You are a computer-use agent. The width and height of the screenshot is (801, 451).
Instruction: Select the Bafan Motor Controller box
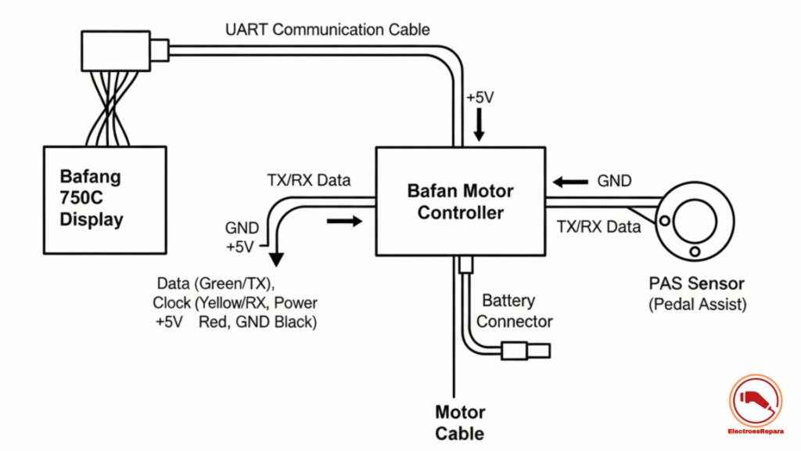click(x=460, y=201)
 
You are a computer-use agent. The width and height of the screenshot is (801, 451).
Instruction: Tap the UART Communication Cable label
click(x=327, y=30)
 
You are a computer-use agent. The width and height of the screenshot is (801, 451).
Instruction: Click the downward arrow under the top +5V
click(x=479, y=125)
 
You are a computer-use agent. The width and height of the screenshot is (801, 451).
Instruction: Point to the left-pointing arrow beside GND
click(x=572, y=182)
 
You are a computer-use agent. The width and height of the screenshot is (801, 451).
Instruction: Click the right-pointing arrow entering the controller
click(x=345, y=222)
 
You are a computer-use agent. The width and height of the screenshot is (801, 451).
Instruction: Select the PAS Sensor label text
click(x=696, y=283)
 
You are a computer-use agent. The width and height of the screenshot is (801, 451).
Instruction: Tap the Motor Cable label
click(x=460, y=423)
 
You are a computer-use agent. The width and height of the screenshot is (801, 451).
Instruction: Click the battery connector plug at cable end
click(x=526, y=351)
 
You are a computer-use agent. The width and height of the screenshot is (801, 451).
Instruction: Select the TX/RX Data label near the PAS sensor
click(x=598, y=227)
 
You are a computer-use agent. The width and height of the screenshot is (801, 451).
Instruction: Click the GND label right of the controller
click(x=614, y=181)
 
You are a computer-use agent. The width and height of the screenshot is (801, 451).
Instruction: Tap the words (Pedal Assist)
click(x=697, y=305)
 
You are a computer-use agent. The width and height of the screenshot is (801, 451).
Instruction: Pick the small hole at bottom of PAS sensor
click(x=694, y=252)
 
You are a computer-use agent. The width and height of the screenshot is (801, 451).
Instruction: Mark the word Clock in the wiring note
click(x=171, y=303)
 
